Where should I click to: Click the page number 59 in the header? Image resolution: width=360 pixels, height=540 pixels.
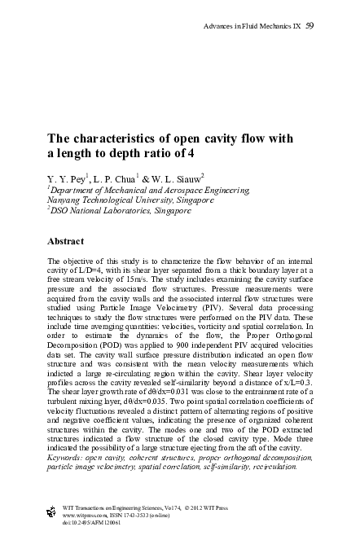pos(310,27)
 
